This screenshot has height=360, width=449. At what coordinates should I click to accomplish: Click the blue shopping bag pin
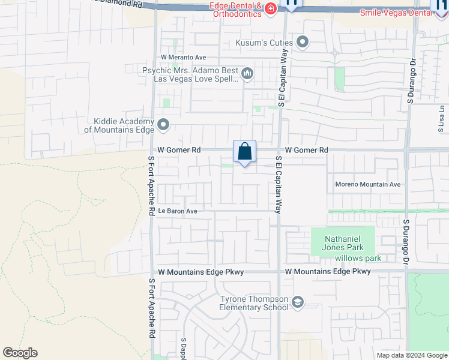coord(244,152)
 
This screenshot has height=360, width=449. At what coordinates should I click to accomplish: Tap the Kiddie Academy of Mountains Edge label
coord(119,125)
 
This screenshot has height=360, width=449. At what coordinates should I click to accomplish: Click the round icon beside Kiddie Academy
coord(163,125)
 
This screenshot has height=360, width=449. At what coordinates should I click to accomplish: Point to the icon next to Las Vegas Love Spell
coord(247,74)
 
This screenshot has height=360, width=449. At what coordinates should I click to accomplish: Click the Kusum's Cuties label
coord(264,43)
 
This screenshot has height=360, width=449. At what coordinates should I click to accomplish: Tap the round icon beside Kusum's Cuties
coord(302,42)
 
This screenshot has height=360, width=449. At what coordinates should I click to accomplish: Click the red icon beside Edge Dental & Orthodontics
coord(271,8)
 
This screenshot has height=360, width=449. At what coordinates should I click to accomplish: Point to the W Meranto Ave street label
coord(178,57)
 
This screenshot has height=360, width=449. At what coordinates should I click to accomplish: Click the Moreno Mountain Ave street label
coord(367,184)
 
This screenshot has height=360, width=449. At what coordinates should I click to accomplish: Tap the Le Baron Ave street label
coord(178,211)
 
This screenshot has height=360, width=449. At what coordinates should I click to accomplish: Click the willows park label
coord(358,259)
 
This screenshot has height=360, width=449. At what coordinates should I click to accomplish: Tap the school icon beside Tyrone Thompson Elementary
coord(298,302)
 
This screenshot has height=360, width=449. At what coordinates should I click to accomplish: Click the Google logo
coord(20,353)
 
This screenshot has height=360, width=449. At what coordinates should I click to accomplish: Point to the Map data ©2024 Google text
coord(412,355)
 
